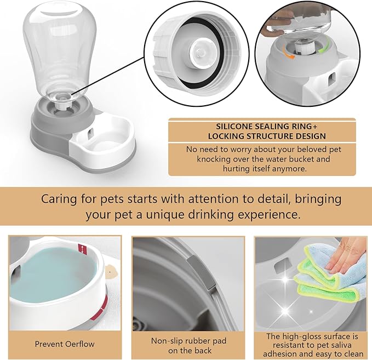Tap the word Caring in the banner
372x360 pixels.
click(x=60, y=198)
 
